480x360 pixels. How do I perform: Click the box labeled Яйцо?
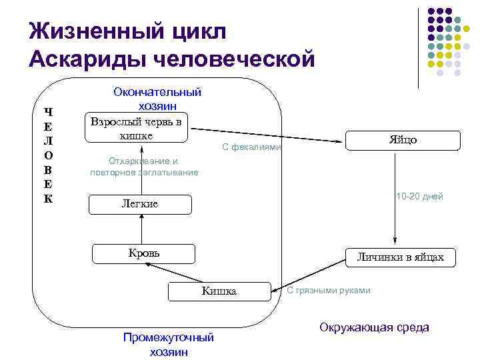tap(403, 140)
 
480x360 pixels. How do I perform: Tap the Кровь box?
tap(143, 253)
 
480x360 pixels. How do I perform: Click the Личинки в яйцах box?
tap(400, 257)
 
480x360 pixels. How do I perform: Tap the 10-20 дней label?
tap(419, 197)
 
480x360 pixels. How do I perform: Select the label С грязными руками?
tap(329, 290)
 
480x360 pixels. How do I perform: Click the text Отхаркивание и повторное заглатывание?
tap(143, 167)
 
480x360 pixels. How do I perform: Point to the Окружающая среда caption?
tap(374, 327)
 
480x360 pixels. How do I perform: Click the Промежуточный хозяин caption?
tap(169, 344)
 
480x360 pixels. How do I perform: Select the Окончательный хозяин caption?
tap(157, 98)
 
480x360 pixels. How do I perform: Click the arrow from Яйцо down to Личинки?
tap(395, 199)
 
